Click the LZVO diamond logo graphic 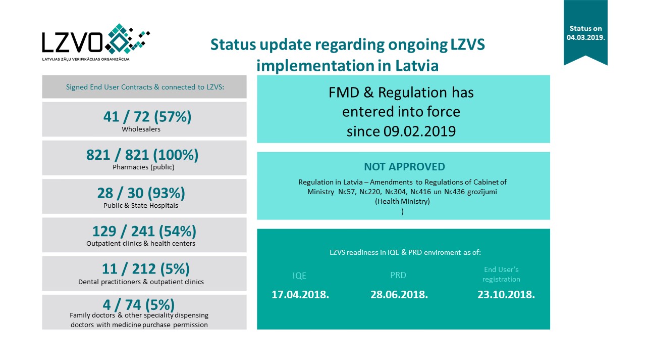pos(126,38)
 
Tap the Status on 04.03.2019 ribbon pos(585,33)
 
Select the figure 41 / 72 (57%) pos(147,117)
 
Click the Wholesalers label pos(141,129)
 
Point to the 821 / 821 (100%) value pos(142,155)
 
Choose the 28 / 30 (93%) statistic pos(141,193)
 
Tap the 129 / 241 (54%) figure pos(144,232)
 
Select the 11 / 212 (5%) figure pos(146,269)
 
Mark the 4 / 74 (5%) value pos(139,305)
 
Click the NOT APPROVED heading pos(404,167)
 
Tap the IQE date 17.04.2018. pos(300,295)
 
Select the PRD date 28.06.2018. pos(399,295)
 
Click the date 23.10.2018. pos(506,295)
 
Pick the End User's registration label pos(501,275)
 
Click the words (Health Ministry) pos(402,201)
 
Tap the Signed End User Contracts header pos(145,87)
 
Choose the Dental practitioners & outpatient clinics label pos(141,282)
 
